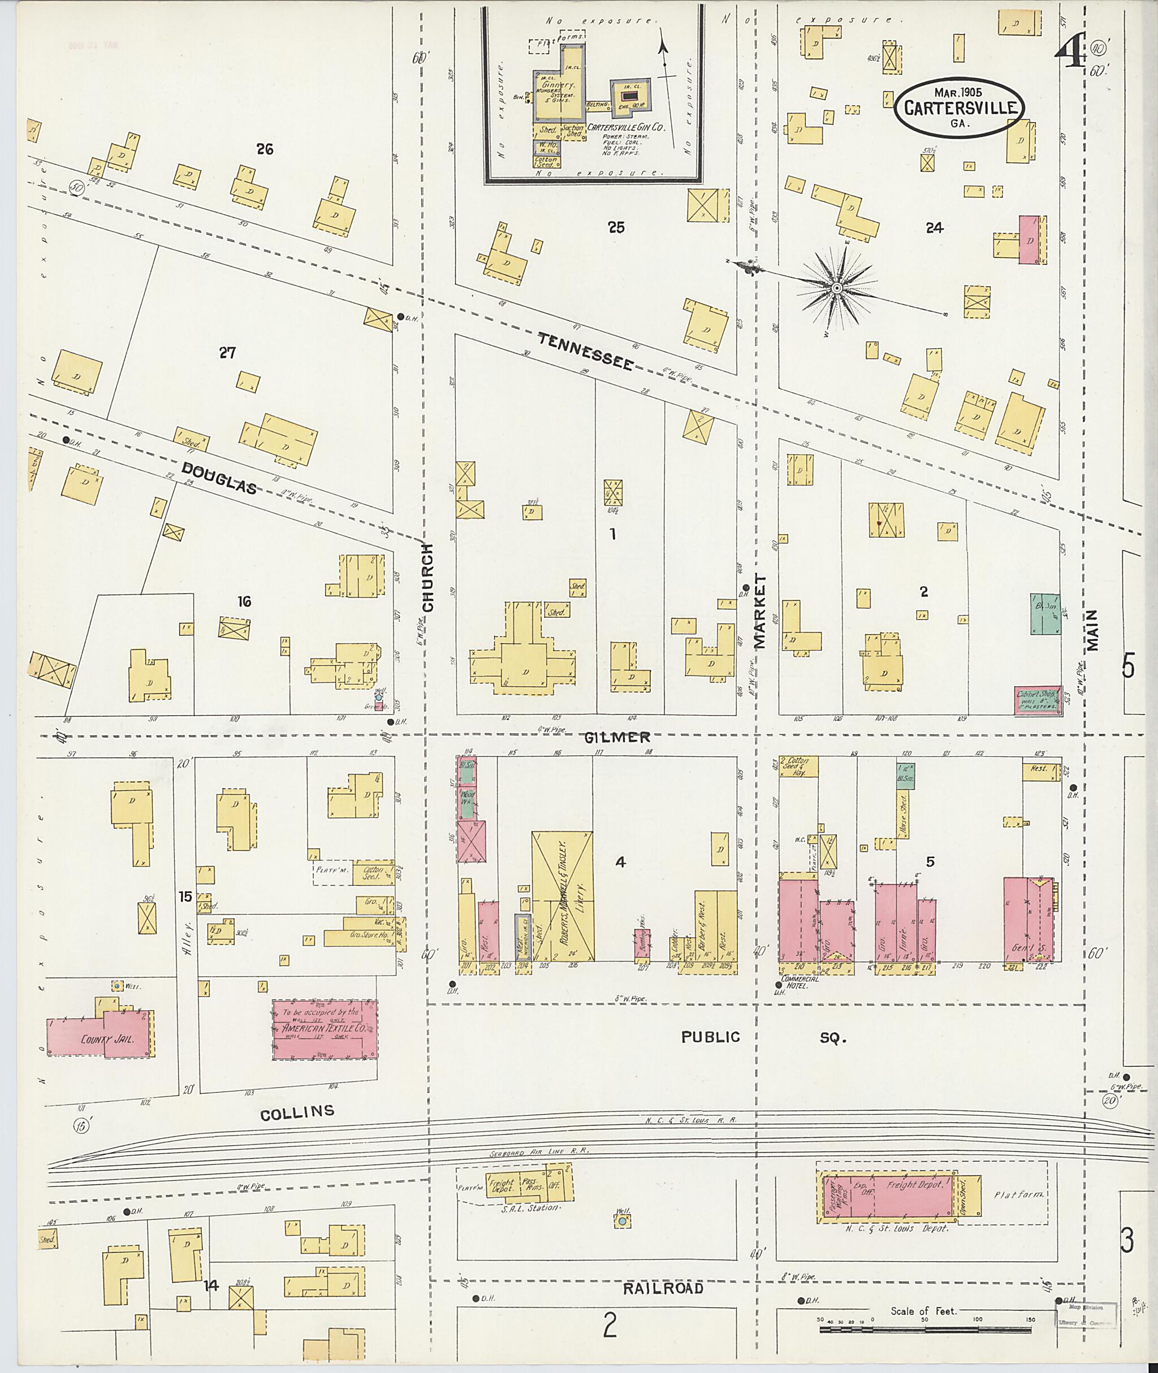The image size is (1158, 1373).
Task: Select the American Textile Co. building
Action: [325, 1029]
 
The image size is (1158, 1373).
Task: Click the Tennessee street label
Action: [586, 350]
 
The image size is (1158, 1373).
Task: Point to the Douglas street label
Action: [219, 477]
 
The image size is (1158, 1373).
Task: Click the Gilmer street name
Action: [617, 737]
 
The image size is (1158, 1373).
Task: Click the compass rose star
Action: [837, 288]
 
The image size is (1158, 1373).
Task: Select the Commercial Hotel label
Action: [799, 980]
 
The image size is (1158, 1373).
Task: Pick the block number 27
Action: [227, 353]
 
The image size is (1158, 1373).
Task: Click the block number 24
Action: [934, 228]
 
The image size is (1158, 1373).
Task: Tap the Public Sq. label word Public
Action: [710, 1037]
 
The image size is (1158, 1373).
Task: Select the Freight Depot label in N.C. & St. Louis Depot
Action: [914, 1185]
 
